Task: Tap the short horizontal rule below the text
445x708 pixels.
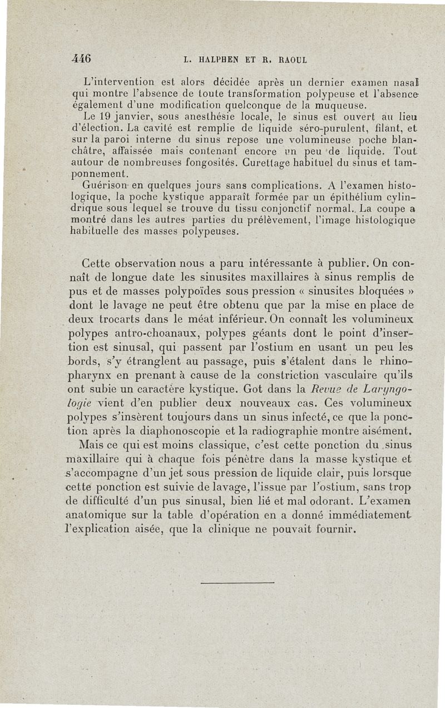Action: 236,582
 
